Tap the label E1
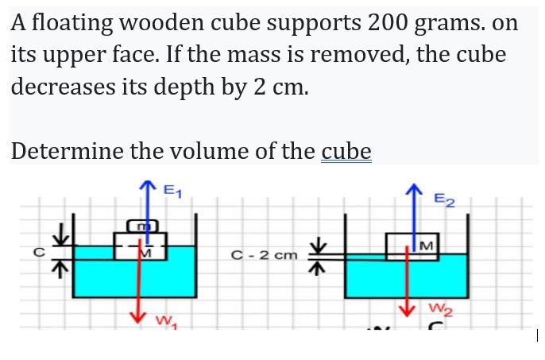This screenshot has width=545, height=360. point(170,191)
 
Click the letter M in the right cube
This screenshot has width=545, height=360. point(428,242)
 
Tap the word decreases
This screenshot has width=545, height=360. point(63,86)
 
